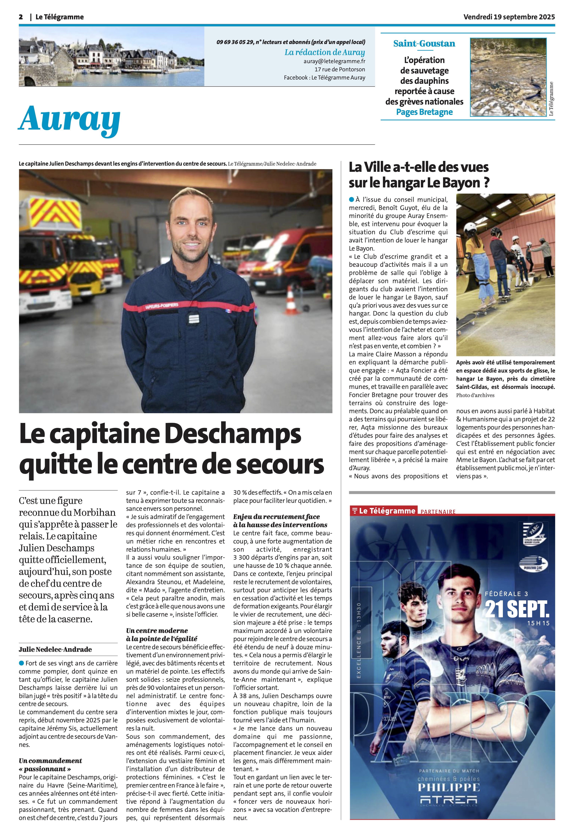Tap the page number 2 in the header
(21, 17)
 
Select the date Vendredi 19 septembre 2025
(509, 17)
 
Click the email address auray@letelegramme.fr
(334, 61)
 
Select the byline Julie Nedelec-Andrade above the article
(55, 649)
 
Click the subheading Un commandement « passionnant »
(50, 764)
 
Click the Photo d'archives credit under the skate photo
(475, 395)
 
